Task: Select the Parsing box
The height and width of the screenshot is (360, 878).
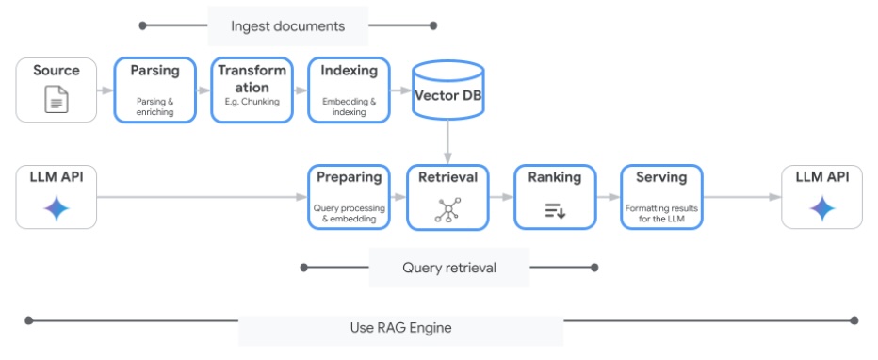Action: (x=154, y=90)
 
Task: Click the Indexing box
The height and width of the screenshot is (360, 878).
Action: (x=349, y=90)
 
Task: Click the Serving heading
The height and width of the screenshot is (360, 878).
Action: (x=661, y=177)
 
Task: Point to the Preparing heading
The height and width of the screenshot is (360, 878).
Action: (x=349, y=177)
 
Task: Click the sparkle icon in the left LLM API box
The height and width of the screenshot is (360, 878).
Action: (x=57, y=209)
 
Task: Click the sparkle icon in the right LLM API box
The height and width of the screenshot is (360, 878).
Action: (x=822, y=209)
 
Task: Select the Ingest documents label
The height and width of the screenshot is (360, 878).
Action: (x=287, y=25)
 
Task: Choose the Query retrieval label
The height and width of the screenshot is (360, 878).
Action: (x=448, y=268)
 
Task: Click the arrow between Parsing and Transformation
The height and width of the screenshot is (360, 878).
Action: (x=203, y=90)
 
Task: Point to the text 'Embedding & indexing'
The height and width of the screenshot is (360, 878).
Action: (x=349, y=106)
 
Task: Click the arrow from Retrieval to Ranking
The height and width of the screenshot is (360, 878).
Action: (x=501, y=197)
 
